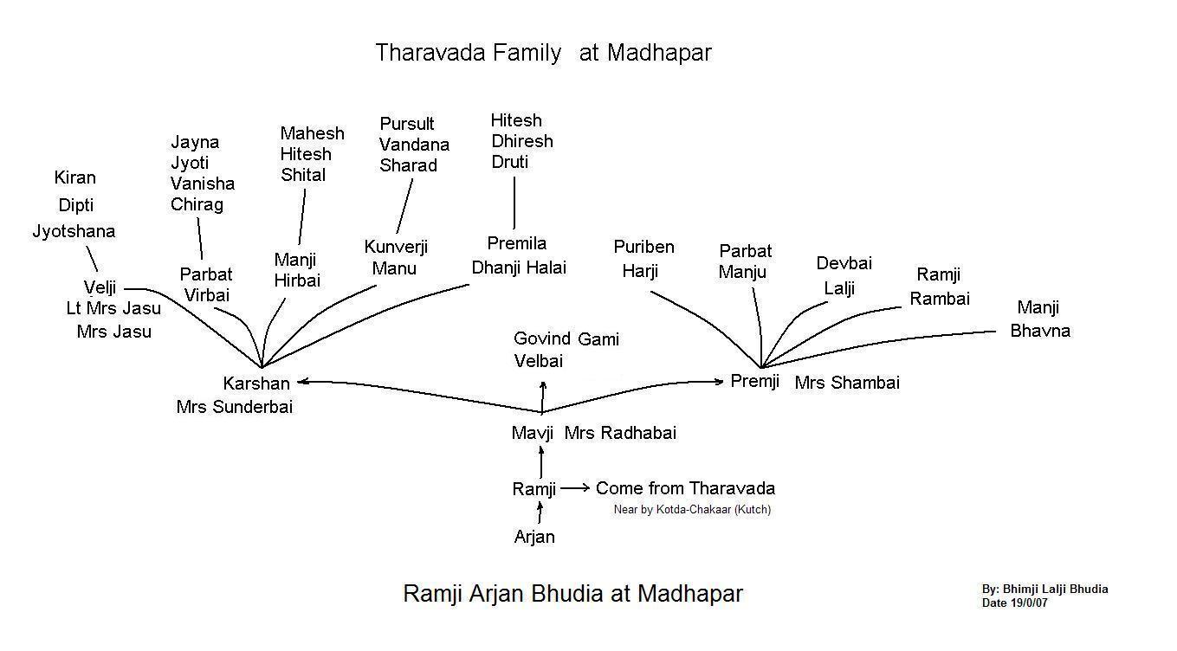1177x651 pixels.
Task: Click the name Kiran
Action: [74, 177]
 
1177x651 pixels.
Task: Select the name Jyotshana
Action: [74, 231]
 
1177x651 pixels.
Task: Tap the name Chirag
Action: [197, 204]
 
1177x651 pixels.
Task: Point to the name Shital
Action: [303, 175]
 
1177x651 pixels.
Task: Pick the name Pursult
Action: [407, 124]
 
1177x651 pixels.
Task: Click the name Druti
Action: [509, 162]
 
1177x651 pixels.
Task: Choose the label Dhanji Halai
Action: [519, 267]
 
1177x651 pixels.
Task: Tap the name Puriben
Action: [643, 247]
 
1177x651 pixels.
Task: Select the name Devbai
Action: [844, 263]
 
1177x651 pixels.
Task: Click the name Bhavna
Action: [1040, 331]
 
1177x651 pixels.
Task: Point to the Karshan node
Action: [256, 384]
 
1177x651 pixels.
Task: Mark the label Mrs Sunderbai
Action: [235, 407]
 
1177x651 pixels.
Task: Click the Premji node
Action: [755, 381]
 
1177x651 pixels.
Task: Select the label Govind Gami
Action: [566, 339]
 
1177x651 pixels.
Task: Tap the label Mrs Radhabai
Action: [620, 433]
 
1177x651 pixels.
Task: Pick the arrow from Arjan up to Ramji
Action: [540, 514]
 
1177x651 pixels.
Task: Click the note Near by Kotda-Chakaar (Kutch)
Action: [692, 510]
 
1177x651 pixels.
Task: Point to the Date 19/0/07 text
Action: [1014, 603]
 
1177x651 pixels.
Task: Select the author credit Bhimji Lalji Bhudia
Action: [1044, 590]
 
